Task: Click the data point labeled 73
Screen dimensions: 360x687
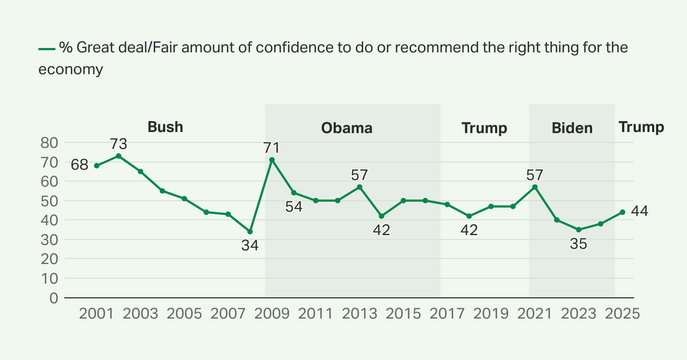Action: (118, 156)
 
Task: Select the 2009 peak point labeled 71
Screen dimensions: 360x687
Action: (272, 160)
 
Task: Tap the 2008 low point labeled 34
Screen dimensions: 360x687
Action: (250, 232)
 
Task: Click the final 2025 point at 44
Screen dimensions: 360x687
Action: (622, 212)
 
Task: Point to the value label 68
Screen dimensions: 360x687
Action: (80, 164)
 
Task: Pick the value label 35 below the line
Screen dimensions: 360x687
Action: (578, 244)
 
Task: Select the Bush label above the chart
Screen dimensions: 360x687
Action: (165, 128)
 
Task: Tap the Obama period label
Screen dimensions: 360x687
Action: (347, 128)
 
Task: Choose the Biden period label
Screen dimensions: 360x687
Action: (572, 128)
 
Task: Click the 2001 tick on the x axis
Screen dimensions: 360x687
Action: (97, 314)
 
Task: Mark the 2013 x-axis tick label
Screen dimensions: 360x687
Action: (359, 314)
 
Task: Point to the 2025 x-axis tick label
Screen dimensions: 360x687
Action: (622, 314)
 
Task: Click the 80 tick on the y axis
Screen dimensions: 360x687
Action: (50, 143)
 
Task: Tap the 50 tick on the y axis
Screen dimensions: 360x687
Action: (50, 201)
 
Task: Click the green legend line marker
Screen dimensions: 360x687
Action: (47, 49)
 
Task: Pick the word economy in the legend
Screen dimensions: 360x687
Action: (71, 70)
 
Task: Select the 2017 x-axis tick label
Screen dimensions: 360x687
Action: (447, 314)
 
